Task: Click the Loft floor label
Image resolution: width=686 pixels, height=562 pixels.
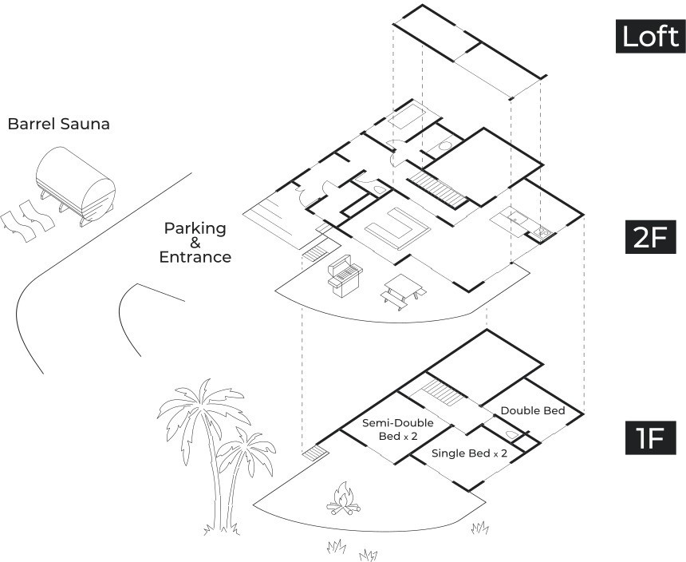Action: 650,36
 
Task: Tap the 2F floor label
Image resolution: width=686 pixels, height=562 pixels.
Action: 650,237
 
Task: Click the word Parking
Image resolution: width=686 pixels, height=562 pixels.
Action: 195,228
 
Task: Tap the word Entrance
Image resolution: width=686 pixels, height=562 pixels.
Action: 195,257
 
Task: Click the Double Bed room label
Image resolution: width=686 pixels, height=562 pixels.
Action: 532,410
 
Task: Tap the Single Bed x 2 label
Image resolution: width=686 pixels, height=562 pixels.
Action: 469,453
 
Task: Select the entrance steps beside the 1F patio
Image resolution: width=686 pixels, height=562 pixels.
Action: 316,455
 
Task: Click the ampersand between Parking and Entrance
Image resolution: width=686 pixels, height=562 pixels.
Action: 195,243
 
